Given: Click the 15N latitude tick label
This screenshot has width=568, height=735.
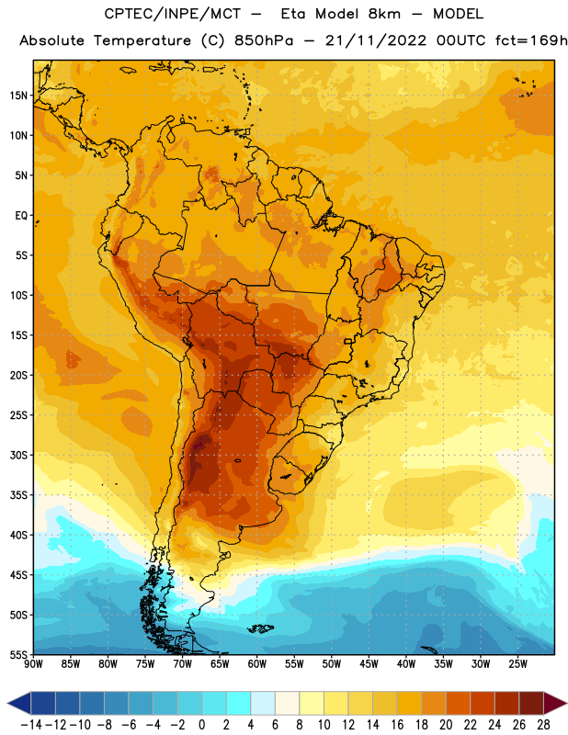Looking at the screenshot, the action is tap(18, 96).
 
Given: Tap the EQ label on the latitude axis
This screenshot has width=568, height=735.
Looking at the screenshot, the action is tap(21, 216).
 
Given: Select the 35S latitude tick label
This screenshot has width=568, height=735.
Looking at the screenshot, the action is tap(18, 495).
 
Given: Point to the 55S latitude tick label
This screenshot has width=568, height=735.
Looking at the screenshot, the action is tap(18, 654).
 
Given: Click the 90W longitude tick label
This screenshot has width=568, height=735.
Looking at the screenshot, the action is tap(33, 664).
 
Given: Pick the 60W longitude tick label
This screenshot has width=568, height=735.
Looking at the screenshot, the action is tap(257, 664).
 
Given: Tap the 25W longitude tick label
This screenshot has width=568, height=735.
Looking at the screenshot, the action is tap(517, 664).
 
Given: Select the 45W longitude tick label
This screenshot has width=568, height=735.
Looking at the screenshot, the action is tap(369, 664).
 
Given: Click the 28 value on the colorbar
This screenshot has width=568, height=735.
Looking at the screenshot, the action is tap(543, 725).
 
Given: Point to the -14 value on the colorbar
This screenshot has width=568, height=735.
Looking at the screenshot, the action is tap(31, 725).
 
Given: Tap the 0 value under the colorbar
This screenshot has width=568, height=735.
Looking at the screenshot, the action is tap(201, 725).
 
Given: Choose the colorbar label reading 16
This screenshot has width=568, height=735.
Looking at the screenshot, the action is tap(397, 725).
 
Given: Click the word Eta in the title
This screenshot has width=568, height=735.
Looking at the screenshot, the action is tap(293, 14).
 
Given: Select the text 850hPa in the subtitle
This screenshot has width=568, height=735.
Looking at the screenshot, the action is tap(264, 40).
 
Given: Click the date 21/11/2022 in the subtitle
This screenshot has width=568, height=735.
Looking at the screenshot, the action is tap(376, 40).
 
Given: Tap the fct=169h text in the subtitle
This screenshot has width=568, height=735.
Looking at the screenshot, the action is tap(531, 40).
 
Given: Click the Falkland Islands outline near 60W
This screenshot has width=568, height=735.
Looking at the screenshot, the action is tap(260, 628).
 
